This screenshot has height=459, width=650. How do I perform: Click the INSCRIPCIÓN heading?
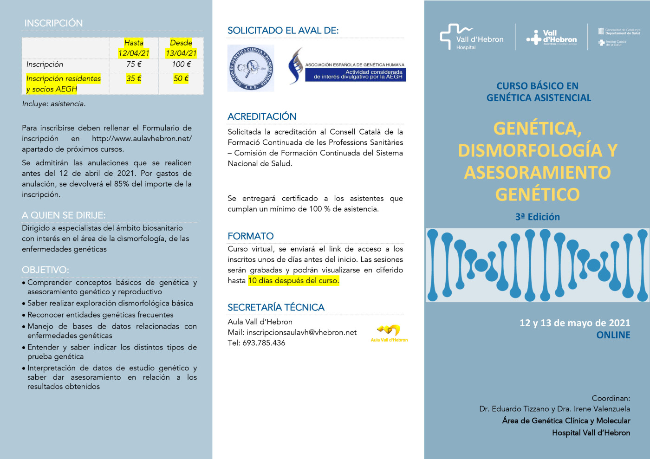(x=53, y=23)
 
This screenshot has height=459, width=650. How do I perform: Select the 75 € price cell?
(x=134, y=65)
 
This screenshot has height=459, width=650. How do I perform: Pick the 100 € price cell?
(x=181, y=65)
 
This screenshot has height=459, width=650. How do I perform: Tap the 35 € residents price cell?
(x=134, y=79)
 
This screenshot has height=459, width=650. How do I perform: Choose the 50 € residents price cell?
(x=181, y=79)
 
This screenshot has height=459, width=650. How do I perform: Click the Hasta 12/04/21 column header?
(x=134, y=48)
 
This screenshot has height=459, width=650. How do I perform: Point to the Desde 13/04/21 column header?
(x=181, y=48)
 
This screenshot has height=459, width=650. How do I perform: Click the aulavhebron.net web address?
(x=142, y=139)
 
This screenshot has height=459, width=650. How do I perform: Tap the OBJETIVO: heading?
(x=45, y=270)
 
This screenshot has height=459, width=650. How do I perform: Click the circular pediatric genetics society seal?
(x=251, y=68)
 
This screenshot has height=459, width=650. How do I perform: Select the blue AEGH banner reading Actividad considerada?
(x=356, y=75)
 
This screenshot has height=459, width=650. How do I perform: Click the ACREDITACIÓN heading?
(x=262, y=116)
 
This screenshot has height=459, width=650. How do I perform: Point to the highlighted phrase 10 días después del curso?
(x=293, y=281)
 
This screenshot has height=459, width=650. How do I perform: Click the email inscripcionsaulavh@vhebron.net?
(x=301, y=332)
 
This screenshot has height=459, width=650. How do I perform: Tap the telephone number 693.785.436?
(x=264, y=343)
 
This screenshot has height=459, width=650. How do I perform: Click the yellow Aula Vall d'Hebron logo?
(x=389, y=332)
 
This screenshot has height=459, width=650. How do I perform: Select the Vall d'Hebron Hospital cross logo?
(x=471, y=37)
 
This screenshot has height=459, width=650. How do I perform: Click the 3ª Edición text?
(x=537, y=217)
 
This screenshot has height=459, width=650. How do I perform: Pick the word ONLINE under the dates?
(x=613, y=335)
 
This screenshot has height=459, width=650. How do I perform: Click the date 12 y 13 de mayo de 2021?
(x=575, y=323)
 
